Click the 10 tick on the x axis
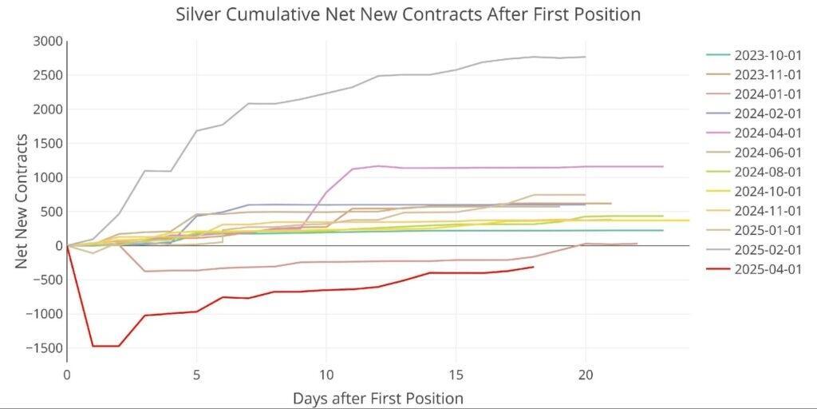(x=326, y=373)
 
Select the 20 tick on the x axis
(x=586, y=373)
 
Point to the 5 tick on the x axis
(x=196, y=373)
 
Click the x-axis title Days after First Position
(x=377, y=397)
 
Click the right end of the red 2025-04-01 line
(x=533, y=267)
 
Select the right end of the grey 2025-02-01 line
(x=586, y=57)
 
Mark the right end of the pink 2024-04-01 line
(x=663, y=166)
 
